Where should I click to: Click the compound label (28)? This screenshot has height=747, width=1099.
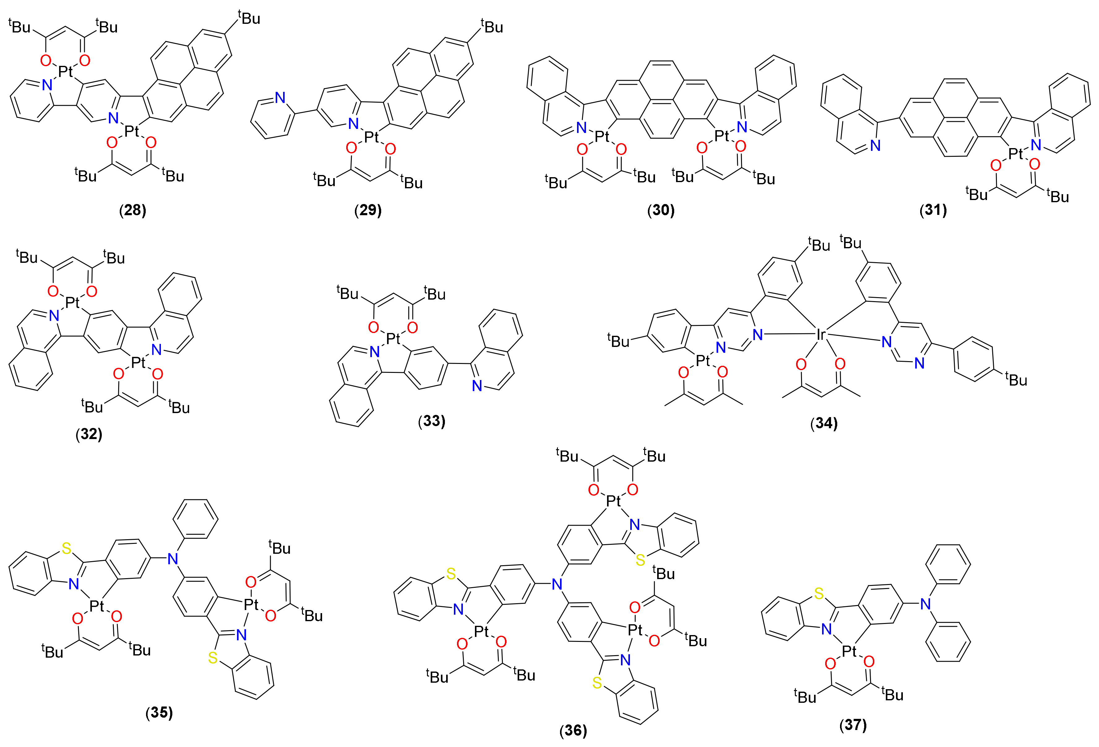[x=132, y=210]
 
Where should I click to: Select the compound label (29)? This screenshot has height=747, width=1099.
[x=368, y=210]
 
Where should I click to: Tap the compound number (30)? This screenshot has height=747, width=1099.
[x=661, y=210]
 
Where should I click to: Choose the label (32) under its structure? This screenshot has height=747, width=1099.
[x=89, y=434]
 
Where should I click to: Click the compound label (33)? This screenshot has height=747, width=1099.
[x=432, y=420]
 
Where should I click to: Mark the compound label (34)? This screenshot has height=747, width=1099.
[x=824, y=423]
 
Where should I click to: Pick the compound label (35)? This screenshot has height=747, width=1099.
[x=159, y=712]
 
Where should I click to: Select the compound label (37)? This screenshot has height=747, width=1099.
[x=853, y=724]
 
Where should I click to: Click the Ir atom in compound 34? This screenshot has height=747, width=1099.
[x=821, y=335]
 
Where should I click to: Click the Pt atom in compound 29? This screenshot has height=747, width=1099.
[x=371, y=137]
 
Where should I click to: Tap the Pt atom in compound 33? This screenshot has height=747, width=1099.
[x=394, y=338]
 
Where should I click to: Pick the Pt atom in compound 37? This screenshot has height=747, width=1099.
[x=849, y=651]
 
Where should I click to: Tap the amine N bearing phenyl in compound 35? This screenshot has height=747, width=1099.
[x=173, y=559]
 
